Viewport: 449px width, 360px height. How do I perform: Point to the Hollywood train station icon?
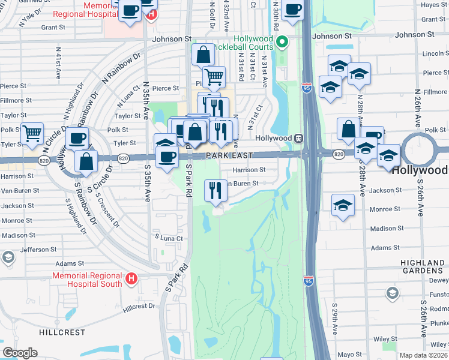point(297,138)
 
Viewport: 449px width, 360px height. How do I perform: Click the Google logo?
point(20,353)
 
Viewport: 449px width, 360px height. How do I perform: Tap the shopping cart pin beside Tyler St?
point(32,134)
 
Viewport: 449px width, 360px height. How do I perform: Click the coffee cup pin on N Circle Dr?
point(77,139)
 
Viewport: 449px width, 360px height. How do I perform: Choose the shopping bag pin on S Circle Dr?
point(86,161)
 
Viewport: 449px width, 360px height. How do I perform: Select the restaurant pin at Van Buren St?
point(215,190)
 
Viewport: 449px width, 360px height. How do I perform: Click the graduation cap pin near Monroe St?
point(343,205)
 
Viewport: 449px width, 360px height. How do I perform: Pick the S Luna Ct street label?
point(168,238)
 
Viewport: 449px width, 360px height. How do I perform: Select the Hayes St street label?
point(433,5)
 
